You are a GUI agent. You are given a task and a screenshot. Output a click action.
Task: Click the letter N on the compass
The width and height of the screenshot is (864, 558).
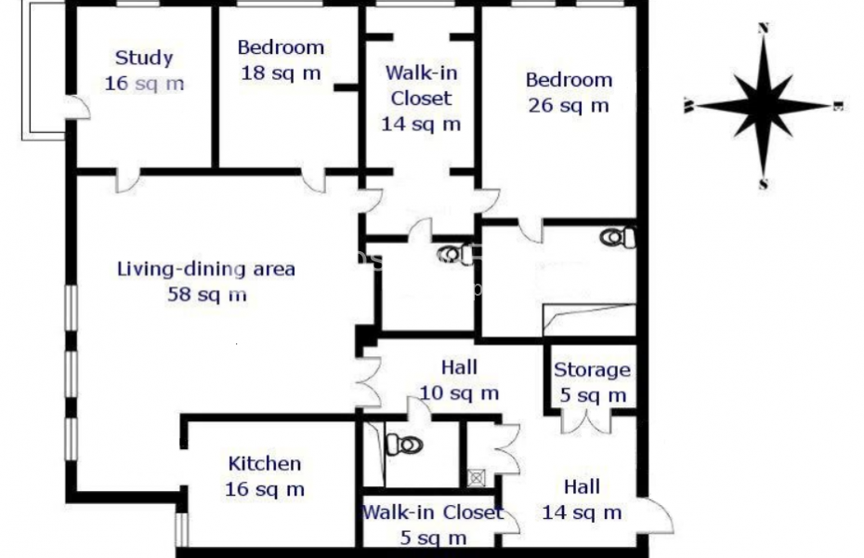pos(764,28)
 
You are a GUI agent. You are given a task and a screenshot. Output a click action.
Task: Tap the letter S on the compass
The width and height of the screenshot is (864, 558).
pos(764,184)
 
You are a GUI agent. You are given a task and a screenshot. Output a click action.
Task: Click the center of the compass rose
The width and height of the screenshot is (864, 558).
pos(764,106)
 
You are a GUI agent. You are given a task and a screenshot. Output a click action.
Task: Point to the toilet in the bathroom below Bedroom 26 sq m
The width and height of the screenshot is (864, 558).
pos(618,237)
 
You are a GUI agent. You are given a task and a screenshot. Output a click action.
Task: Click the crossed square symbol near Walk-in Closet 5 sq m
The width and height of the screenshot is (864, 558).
pos(477,478)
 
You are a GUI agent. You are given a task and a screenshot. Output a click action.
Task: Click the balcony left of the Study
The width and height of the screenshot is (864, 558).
pos(43,70)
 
